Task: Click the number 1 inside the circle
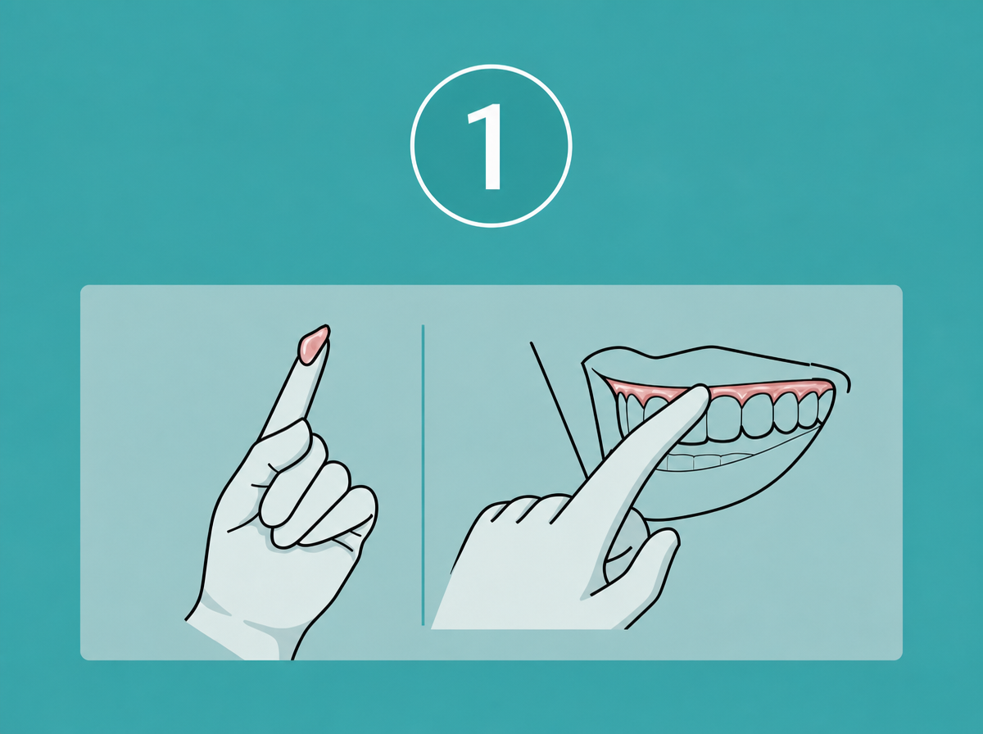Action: coord(486,147)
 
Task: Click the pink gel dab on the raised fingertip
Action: coord(314,344)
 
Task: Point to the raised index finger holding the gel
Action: coord(296,385)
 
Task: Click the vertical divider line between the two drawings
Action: coord(423,474)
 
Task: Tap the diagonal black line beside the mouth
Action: coord(559,410)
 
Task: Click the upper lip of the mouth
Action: coord(717,363)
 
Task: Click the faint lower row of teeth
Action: coord(708,461)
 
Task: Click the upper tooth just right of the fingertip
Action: coord(723,416)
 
